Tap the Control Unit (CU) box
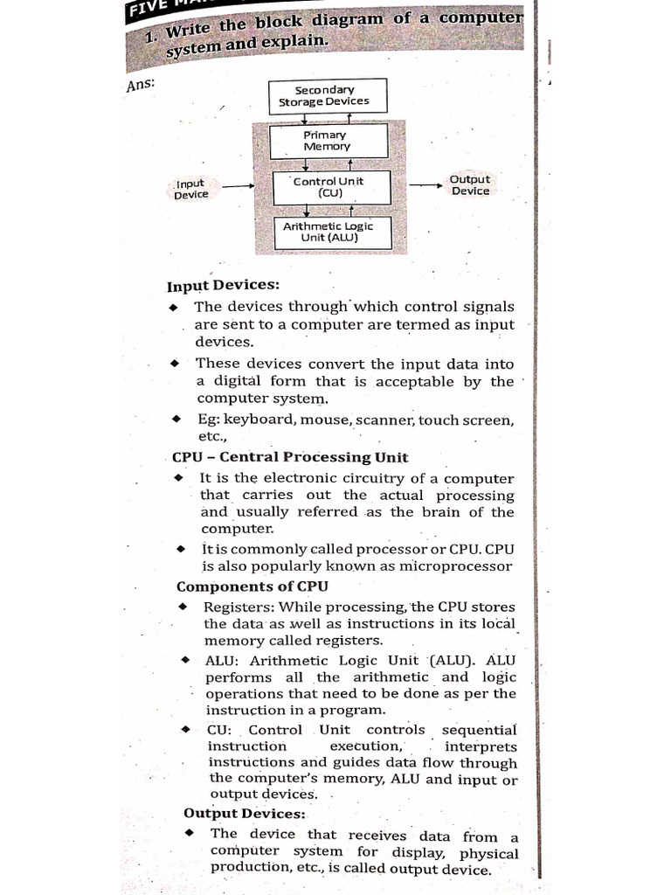pos(329,187)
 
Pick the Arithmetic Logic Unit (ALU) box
pos(329,232)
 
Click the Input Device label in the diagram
pos(190,189)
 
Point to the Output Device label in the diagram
pos(470,185)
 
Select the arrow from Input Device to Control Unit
pos(239,186)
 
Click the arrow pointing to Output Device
pos(425,184)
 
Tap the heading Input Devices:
pos(224,286)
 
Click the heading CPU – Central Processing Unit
pos(289,457)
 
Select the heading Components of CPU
pos(252,586)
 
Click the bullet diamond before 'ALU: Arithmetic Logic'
pos(186,660)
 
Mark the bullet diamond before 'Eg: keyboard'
pos(175,419)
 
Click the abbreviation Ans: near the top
pos(141,87)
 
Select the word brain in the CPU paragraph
pos(444,512)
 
